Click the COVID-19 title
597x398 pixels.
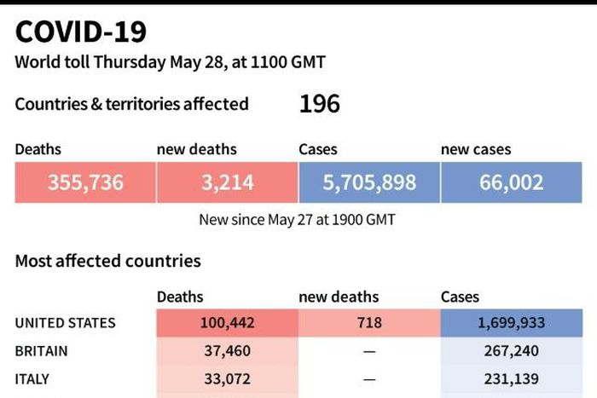tap(81, 32)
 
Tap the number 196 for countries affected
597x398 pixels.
tap(320, 104)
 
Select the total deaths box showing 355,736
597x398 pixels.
tap(85, 182)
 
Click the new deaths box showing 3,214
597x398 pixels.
tap(227, 182)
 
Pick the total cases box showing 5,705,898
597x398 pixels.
tap(369, 182)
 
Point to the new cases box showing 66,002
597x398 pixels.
tap(512, 182)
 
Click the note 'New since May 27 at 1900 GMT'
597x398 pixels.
tap(297, 219)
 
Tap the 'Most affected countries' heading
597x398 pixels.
tap(108, 261)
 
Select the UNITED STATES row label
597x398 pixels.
tap(65, 323)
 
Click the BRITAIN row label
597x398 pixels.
tap(41, 351)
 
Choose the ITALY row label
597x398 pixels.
tap(32, 378)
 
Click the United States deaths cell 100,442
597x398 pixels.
tap(227, 323)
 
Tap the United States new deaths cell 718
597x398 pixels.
tap(369, 323)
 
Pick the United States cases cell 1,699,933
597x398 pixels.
tap(512, 323)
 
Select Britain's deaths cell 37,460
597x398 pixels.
tap(227, 351)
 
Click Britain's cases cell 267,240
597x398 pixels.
tap(512, 351)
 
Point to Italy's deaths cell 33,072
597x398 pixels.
tap(227, 378)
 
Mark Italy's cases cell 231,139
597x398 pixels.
tap(512, 378)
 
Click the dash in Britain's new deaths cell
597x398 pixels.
tap(369, 351)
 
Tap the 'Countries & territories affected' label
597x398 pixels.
tap(132, 104)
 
